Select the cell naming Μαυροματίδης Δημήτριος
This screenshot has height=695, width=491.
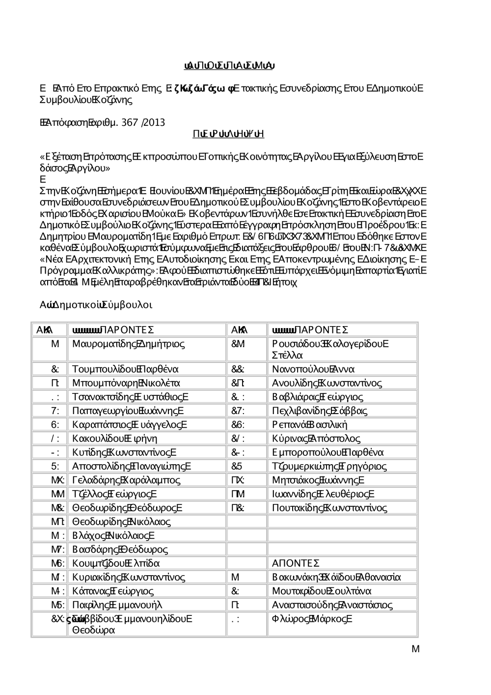click(128, 343)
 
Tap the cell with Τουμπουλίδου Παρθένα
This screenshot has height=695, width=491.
click(125, 369)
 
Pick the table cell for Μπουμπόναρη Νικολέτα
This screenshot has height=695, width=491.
click(126, 383)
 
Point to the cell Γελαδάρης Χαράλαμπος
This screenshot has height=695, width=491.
click(126, 480)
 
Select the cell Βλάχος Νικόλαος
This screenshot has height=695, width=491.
click(113, 535)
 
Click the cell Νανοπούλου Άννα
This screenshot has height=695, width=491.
click(313, 369)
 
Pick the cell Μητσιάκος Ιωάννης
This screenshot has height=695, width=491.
click(318, 480)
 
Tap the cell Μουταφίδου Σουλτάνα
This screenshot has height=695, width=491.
click(322, 591)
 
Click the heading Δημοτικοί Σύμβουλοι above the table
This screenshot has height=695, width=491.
click(96, 305)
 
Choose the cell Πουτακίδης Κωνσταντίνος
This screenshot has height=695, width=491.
click(329, 508)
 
